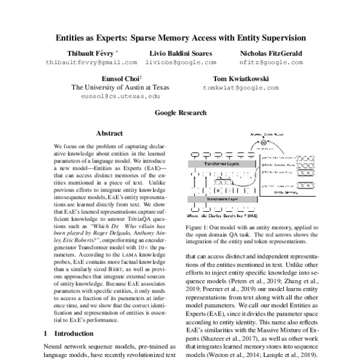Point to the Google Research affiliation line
pos(180,112)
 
